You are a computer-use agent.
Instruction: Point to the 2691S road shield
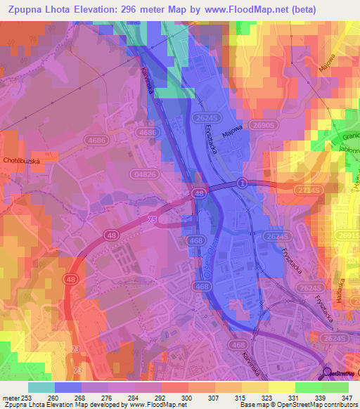(x=347, y=236)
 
